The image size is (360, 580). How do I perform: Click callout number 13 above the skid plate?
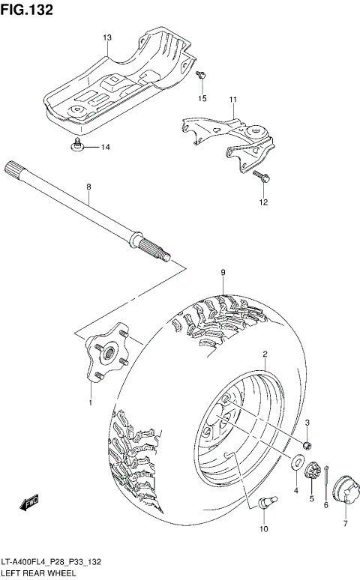106,37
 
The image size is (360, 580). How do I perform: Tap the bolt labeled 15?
202,75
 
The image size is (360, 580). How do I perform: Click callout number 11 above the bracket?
232,100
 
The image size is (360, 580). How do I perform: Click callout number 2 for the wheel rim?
265,353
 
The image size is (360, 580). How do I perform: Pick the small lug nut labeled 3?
307,446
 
